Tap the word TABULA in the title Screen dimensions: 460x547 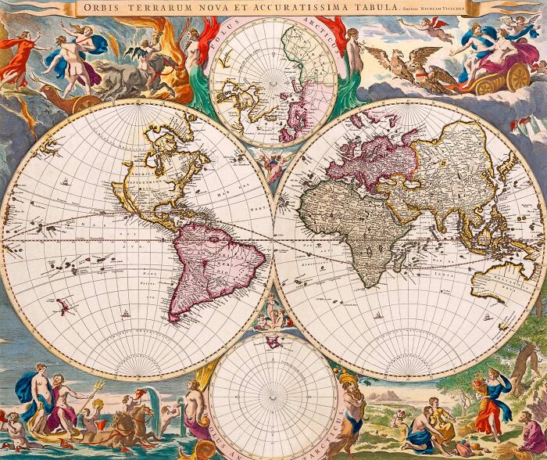(367, 8)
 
